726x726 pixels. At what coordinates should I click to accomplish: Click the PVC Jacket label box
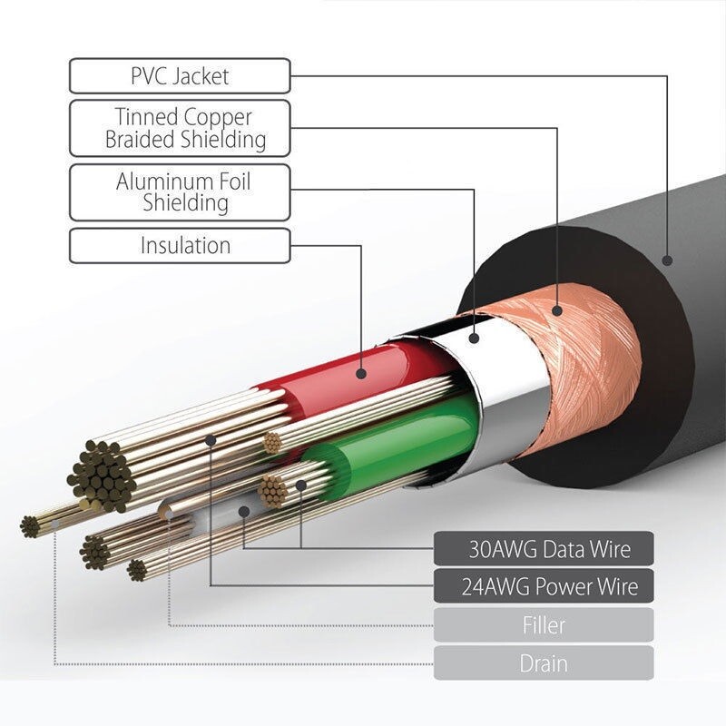[x=180, y=76]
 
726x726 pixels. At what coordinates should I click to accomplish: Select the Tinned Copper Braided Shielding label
[x=180, y=128]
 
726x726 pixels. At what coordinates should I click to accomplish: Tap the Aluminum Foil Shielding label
[x=180, y=192]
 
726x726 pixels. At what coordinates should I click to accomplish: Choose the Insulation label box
[x=180, y=245]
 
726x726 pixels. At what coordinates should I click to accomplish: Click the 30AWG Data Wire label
[x=544, y=549]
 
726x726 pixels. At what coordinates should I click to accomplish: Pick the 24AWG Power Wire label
[x=544, y=586]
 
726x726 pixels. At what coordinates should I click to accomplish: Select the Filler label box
[x=544, y=625]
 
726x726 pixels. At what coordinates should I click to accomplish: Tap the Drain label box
[x=544, y=663]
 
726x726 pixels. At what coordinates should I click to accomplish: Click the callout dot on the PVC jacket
[x=667, y=260]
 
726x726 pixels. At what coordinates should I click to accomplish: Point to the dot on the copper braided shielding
[x=556, y=310]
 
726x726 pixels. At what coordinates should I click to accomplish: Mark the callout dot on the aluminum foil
[x=473, y=338]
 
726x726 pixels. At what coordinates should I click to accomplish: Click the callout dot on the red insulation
[x=361, y=373]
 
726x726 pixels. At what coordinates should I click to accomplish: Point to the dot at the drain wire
[x=55, y=525]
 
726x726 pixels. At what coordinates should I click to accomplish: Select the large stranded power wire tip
[x=101, y=475]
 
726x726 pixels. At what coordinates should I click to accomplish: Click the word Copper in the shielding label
[x=218, y=118]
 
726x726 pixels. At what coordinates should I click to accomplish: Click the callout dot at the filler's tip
[x=170, y=514]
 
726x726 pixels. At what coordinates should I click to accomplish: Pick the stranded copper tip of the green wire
[x=272, y=491]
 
